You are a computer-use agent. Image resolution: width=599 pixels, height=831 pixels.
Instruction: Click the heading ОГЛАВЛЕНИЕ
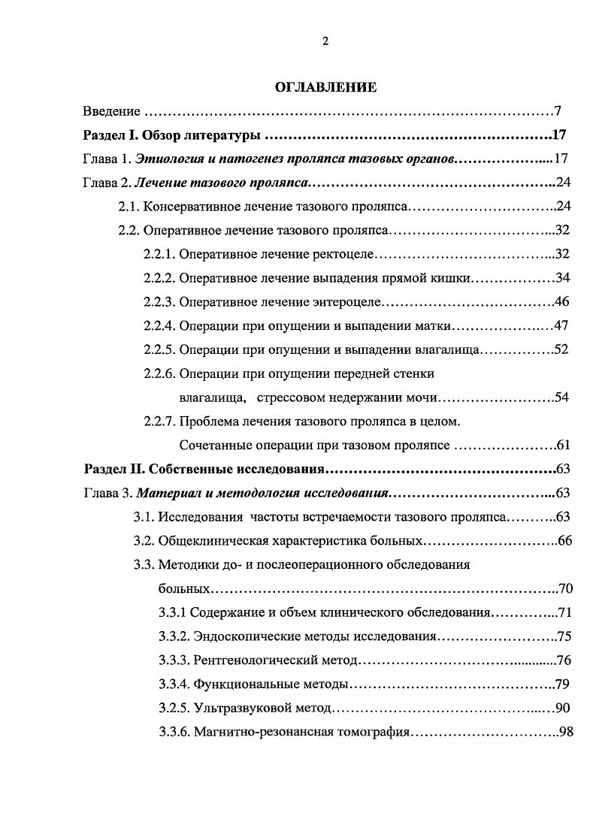click(325, 88)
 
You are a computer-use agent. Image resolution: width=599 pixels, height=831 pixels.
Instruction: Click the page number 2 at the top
click(325, 41)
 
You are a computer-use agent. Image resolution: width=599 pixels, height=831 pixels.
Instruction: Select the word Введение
click(111, 112)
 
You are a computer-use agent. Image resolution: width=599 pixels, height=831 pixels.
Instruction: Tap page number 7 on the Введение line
click(558, 112)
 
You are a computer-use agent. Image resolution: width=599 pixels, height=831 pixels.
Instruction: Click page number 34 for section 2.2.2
click(563, 278)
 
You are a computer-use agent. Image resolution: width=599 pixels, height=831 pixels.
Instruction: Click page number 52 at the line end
click(561, 349)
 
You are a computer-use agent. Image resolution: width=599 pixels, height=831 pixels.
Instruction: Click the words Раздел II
click(113, 470)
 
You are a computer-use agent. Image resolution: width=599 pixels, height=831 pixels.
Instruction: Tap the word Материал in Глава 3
click(181, 494)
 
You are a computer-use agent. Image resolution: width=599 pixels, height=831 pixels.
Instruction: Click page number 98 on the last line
click(566, 732)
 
